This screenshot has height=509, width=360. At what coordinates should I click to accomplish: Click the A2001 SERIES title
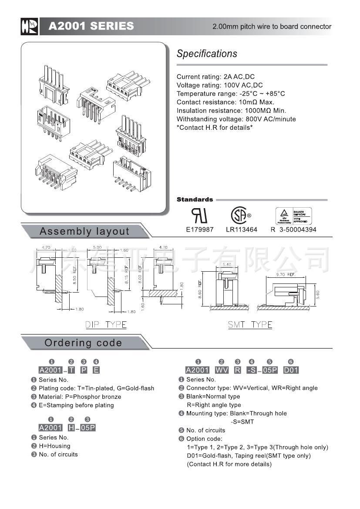(x=91, y=26)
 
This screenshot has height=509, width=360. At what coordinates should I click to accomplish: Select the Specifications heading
(x=207, y=54)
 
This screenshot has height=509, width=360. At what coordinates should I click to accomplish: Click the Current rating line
(x=215, y=77)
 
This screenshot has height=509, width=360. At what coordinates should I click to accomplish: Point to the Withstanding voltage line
(x=236, y=119)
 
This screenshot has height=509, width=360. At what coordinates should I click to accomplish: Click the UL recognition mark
(x=199, y=215)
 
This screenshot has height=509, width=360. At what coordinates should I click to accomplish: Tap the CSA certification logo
(x=239, y=215)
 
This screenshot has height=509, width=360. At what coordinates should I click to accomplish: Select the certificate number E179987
(x=199, y=229)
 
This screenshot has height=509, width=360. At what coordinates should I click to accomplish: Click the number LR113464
(x=242, y=229)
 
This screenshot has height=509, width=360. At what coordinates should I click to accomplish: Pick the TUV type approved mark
(x=293, y=216)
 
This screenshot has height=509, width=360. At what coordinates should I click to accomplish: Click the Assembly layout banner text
(x=84, y=231)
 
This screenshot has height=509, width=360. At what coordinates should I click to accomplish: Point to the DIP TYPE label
(x=106, y=325)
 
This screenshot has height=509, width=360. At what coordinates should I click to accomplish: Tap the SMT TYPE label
(x=250, y=325)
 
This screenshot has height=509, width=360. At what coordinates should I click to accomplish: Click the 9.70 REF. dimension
(x=286, y=275)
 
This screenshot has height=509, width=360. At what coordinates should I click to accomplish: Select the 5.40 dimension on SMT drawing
(x=227, y=265)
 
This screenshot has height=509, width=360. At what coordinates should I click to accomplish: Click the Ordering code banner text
(x=83, y=343)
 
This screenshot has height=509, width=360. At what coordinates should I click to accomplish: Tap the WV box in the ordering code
(x=222, y=370)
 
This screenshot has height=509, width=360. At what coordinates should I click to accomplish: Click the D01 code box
(x=291, y=370)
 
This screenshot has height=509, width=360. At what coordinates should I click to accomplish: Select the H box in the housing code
(x=71, y=428)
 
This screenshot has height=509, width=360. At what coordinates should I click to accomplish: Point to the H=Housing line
(x=54, y=446)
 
